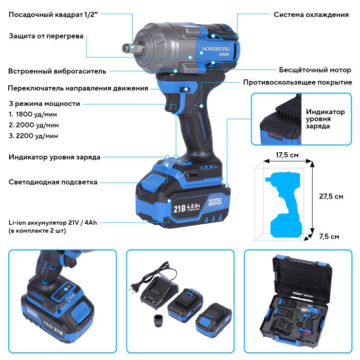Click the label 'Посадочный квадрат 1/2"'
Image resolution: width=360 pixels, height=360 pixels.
pyautogui.click(x=53, y=14)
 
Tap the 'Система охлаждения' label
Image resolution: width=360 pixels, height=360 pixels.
pyautogui.click(x=311, y=14)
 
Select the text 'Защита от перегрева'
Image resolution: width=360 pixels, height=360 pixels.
pyautogui.click(x=46, y=36)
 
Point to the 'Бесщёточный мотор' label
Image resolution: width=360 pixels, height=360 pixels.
pyautogui.click(x=315, y=69)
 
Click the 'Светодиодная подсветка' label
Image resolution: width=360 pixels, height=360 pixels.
pyautogui.click(x=53, y=182)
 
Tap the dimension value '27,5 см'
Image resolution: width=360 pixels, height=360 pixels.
pyautogui.click(x=331, y=196)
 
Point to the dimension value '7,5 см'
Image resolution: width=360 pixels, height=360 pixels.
pyautogui.click(x=329, y=237)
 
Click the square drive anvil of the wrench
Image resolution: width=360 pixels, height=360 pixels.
pyautogui.click(x=127, y=48)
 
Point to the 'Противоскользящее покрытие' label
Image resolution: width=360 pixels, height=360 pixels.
pyautogui.click(x=298, y=82)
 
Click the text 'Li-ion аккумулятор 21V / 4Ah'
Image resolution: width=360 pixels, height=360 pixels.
pyautogui.click(x=57, y=222)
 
